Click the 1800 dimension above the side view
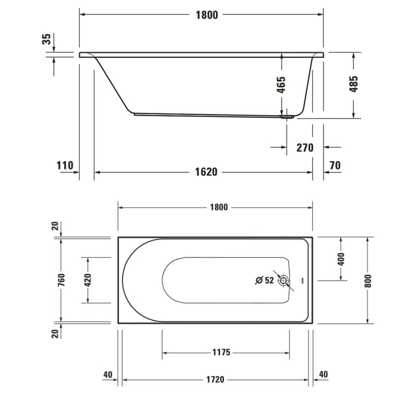pos(206,15)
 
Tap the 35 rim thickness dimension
pos(47,39)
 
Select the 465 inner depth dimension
pos(281,85)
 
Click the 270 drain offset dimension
pos(304,148)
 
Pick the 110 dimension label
pos(65,166)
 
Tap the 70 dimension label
pos(335,166)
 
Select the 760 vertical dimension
pos(61,280)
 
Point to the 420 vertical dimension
pos(87,280)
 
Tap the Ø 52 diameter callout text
pos(264,280)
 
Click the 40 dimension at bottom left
pos(107,374)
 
